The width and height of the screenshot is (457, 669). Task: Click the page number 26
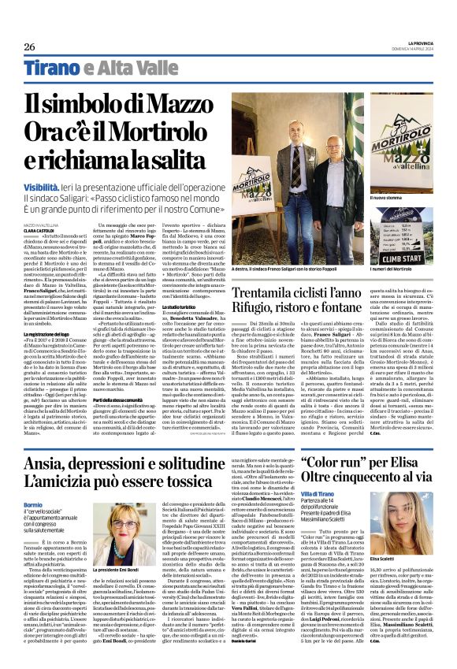tap(31, 46)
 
